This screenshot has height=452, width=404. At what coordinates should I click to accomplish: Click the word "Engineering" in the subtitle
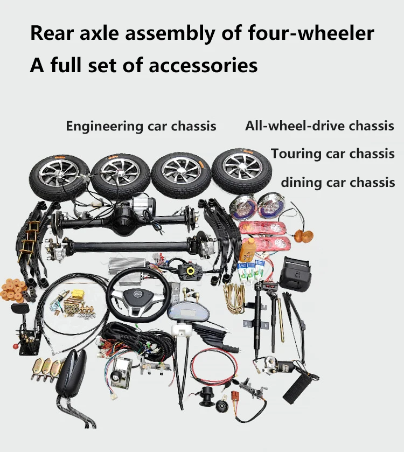105,127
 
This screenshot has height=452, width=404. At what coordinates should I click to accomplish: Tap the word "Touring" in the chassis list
296,154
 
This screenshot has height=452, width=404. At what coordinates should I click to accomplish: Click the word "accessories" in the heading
203,65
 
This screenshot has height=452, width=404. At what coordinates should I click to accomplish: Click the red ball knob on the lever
16,346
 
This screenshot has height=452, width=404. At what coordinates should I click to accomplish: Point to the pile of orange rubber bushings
15,290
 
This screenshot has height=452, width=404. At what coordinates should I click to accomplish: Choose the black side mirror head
71,373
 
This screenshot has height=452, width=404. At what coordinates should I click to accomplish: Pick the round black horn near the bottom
222,407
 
